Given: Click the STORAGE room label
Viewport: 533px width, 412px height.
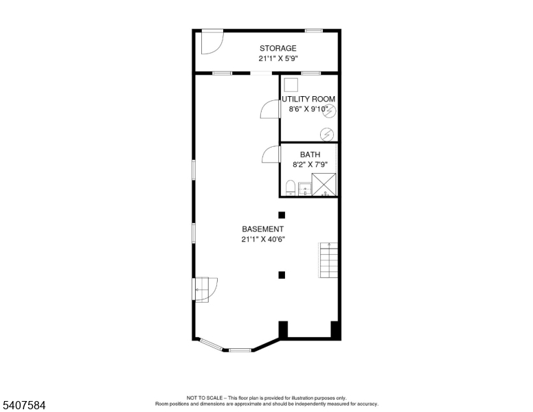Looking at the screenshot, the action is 277,48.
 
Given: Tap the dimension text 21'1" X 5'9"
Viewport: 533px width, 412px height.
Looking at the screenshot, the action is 278,58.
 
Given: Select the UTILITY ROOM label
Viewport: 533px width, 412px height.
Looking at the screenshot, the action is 308,99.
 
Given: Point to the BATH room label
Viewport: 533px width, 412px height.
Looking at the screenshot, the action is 310,154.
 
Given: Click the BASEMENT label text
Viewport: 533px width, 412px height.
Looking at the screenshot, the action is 263,229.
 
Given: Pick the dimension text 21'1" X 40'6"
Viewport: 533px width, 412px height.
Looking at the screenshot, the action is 263,240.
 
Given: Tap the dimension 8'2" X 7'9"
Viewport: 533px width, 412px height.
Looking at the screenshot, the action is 310,165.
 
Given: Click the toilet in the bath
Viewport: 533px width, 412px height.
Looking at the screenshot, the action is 290,188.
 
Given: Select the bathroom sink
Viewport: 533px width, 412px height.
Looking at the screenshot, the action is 304,189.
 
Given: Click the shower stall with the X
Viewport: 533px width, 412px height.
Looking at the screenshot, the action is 324,185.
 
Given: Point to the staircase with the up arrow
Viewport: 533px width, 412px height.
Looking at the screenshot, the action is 328,260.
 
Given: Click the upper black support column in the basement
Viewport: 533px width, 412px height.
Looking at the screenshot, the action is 282,215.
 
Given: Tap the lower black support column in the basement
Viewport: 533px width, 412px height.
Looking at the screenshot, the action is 282,275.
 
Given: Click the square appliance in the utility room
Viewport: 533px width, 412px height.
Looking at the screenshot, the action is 291,85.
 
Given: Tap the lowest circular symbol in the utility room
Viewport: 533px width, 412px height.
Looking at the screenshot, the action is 327,135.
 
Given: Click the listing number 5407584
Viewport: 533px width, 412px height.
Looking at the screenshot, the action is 24,405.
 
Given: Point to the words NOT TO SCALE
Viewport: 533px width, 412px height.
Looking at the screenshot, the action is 204,398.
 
